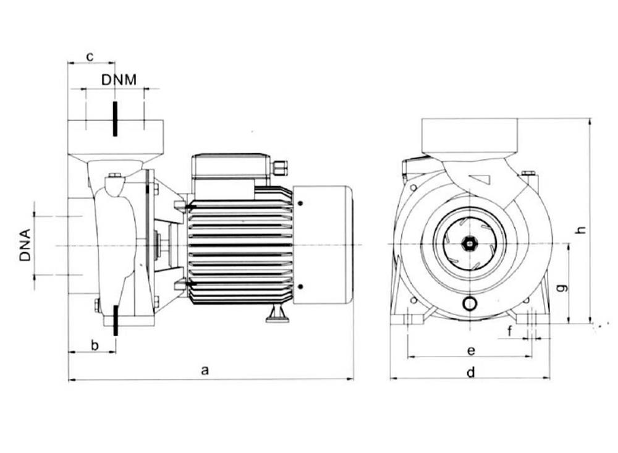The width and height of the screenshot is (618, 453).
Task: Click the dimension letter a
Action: [x=206, y=370]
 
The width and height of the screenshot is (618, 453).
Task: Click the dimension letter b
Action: [x=95, y=345]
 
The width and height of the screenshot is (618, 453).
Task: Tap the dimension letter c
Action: [x=90, y=56]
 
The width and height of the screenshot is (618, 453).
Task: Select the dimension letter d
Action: [x=470, y=373]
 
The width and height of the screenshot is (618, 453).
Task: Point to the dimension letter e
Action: [x=470, y=350]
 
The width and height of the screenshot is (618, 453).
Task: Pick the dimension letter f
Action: [x=510, y=332]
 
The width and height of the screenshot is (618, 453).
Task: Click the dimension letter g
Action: [x=561, y=287]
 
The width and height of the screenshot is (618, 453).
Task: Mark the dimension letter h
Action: [x=580, y=230]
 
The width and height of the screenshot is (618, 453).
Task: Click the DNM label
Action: [x=119, y=80]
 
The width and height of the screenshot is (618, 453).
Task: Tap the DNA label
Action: [x=25, y=245]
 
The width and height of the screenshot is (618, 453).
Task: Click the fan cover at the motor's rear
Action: [x=322, y=245]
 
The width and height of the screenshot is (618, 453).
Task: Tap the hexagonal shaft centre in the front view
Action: [x=470, y=243]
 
